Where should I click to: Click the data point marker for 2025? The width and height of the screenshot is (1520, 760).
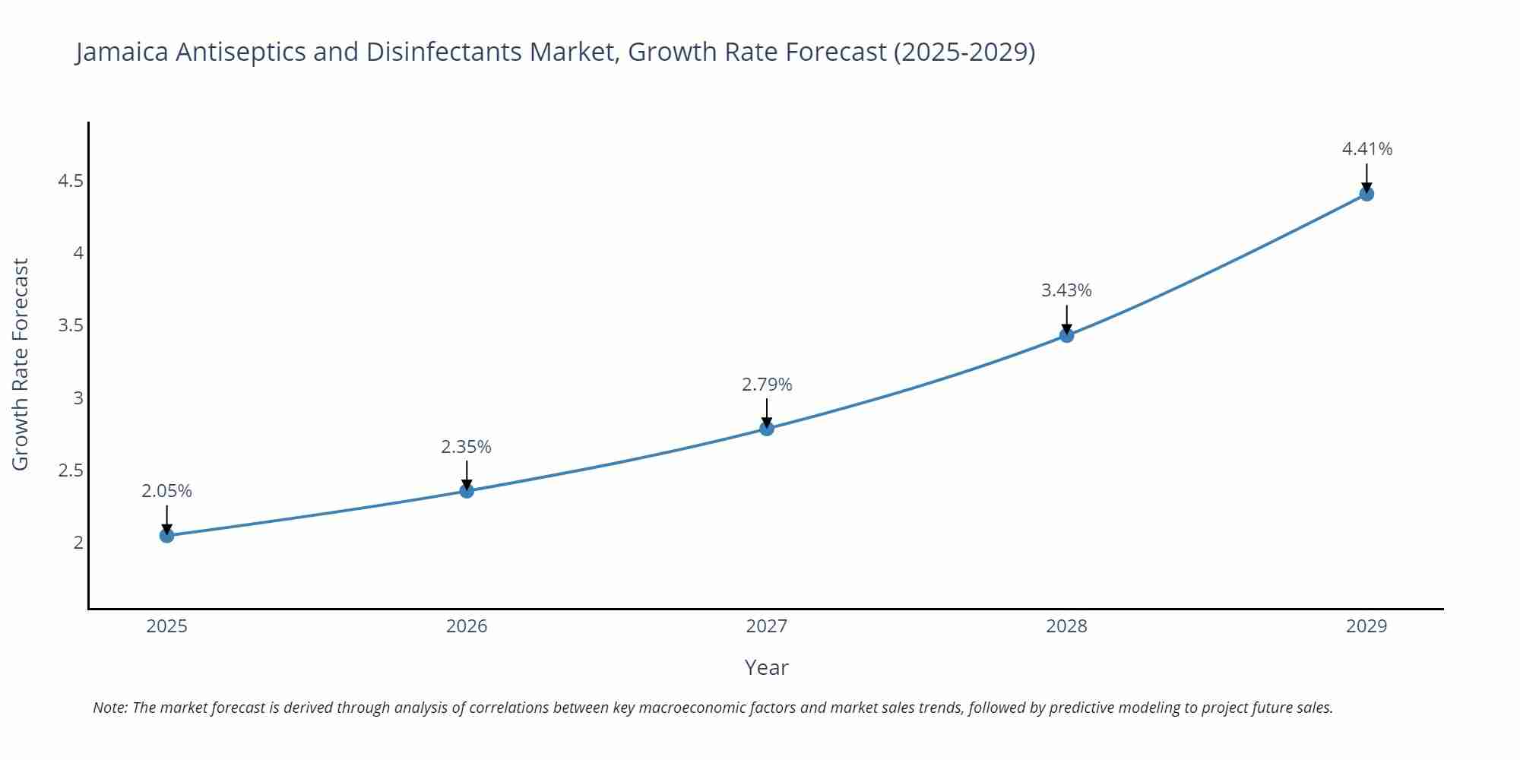pos(167,536)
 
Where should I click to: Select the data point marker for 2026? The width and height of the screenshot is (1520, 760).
pos(467,491)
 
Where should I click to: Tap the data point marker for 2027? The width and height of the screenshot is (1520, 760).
pos(767,429)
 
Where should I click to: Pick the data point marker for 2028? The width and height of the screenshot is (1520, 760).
pos(1066,335)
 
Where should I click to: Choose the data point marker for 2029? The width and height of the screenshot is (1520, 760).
pos(1366,194)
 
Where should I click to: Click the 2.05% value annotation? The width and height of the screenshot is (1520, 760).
pos(167,491)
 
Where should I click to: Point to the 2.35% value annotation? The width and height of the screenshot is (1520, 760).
pos(467,447)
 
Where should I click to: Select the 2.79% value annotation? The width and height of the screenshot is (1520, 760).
pos(767,385)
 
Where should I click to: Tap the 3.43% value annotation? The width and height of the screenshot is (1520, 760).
pos(1066,290)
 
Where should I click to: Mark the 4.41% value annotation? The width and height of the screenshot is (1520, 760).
pos(1366,149)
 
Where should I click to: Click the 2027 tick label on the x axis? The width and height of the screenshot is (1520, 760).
pos(767,626)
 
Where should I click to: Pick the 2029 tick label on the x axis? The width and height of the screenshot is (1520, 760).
pos(1366,626)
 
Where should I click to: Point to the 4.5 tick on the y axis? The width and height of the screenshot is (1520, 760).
pos(71,181)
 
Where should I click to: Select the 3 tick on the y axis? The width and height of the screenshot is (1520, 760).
pos(78,397)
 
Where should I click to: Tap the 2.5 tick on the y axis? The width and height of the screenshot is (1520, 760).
pos(71,470)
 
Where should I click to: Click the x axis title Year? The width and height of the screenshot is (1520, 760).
pos(767,667)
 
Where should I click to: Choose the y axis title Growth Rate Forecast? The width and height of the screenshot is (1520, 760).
pos(21,364)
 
